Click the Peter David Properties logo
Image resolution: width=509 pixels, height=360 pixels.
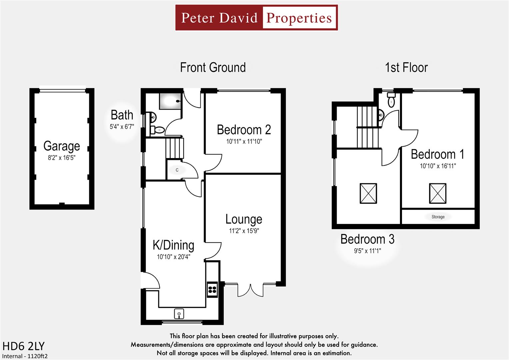click(x=256, y=18)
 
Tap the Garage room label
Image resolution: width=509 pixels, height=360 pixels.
click(x=62, y=146)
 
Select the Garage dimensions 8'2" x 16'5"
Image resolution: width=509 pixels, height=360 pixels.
click(x=62, y=158)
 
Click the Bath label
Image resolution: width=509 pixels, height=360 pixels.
click(x=122, y=115)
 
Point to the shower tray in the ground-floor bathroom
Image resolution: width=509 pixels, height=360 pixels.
click(x=170, y=101)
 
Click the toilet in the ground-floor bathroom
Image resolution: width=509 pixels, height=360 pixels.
click(x=158, y=130)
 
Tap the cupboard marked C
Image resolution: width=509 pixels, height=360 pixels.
click(x=177, y=170)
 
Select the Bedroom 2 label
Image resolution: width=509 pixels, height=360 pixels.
click(x=244, y=130)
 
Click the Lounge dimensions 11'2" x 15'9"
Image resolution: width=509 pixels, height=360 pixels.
click(x=244, y=231)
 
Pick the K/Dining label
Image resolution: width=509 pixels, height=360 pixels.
click(x=173, y=245)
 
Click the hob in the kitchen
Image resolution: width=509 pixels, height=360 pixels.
click(x=212, y=289)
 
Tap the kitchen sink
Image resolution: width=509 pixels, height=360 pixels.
click(x=179, y=314)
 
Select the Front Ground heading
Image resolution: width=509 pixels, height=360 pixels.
click(x=213, y=68)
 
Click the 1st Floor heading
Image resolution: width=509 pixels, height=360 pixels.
click(x=406, y=68)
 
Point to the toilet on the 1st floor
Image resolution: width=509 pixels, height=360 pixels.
click(x=391, y=100)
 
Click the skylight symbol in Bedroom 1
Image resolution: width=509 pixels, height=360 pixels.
click(x=437, y=193)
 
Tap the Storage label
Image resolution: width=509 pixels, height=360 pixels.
click(x=438, y=217)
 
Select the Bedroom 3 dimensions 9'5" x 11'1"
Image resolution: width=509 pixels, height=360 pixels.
click(x=367, y=251)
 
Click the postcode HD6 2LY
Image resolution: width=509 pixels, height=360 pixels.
click(x=23, y=346)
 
